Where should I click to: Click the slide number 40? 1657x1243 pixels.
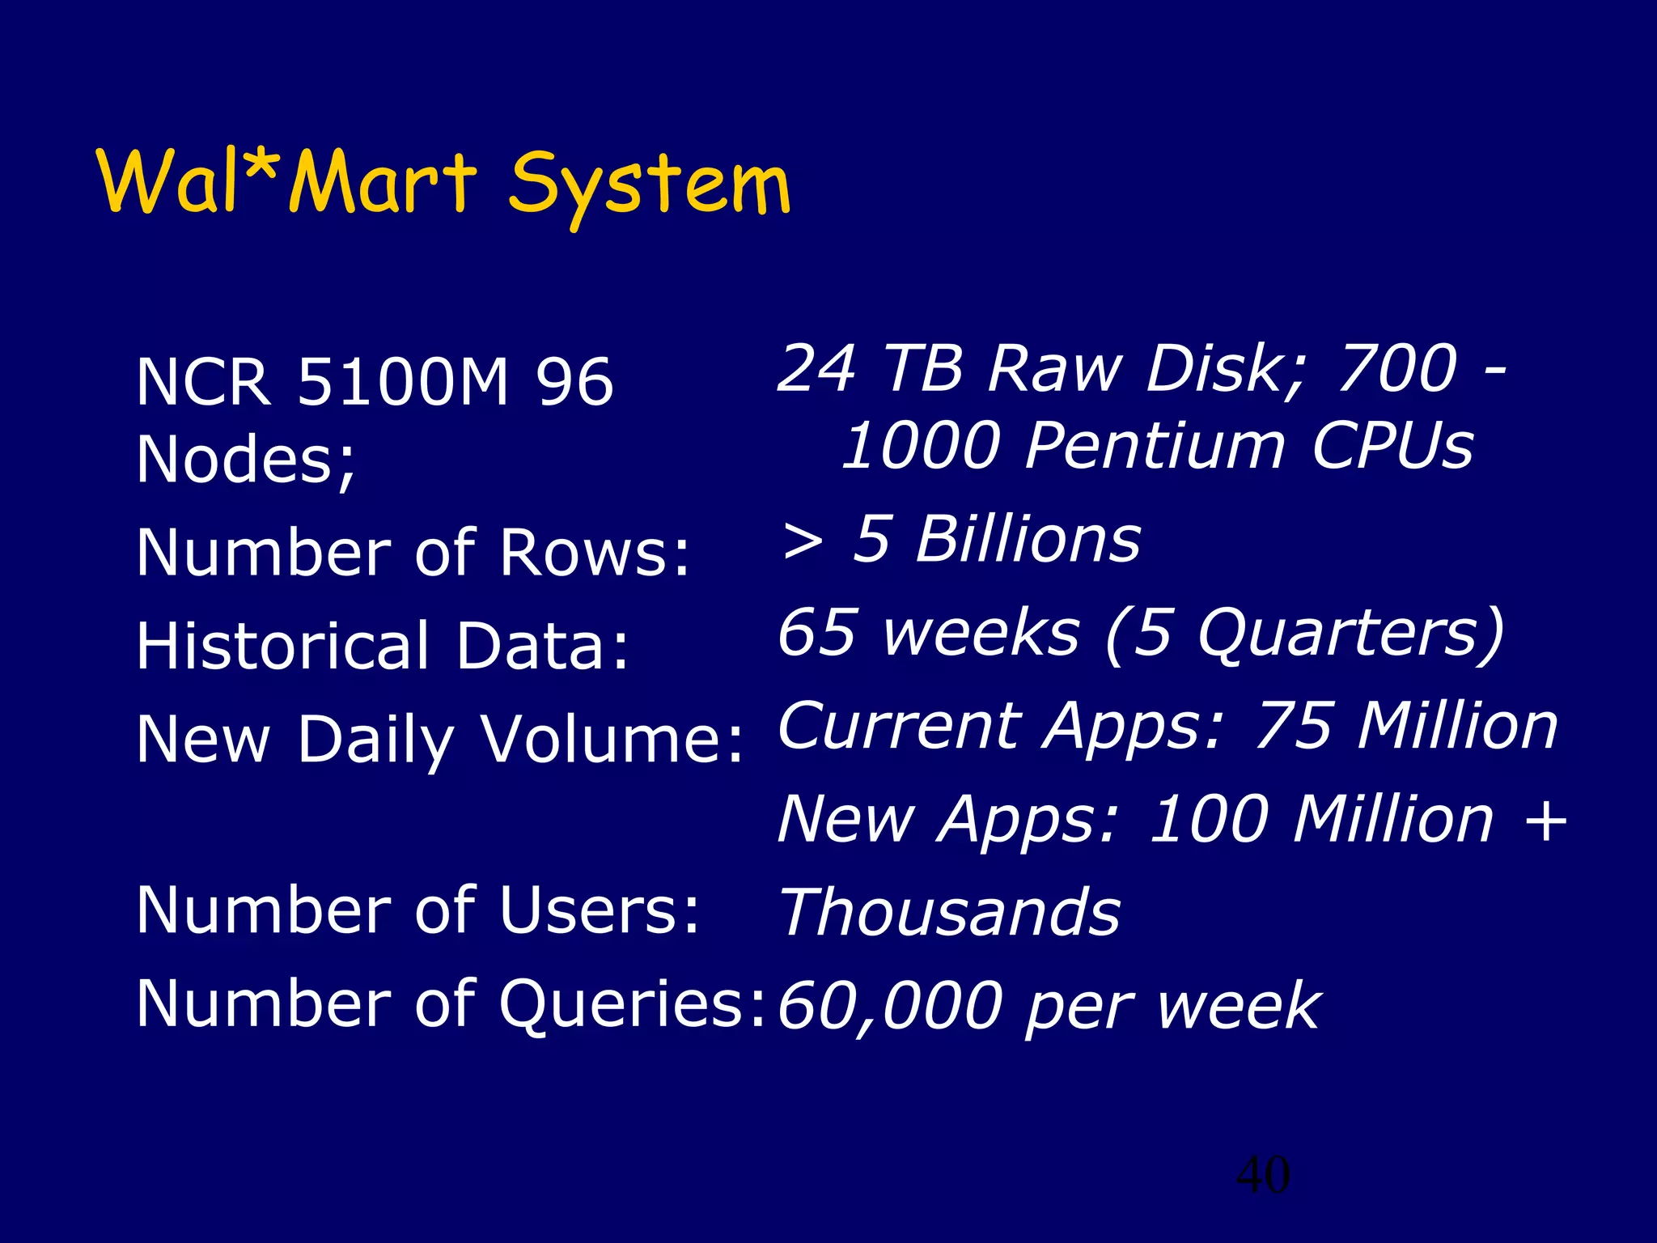coord(1263,1175)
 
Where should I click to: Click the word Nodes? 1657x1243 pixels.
coord(246,460)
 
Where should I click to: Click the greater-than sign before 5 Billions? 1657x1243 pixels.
coord(803,541)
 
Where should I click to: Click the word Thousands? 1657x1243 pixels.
coord(950,912)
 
